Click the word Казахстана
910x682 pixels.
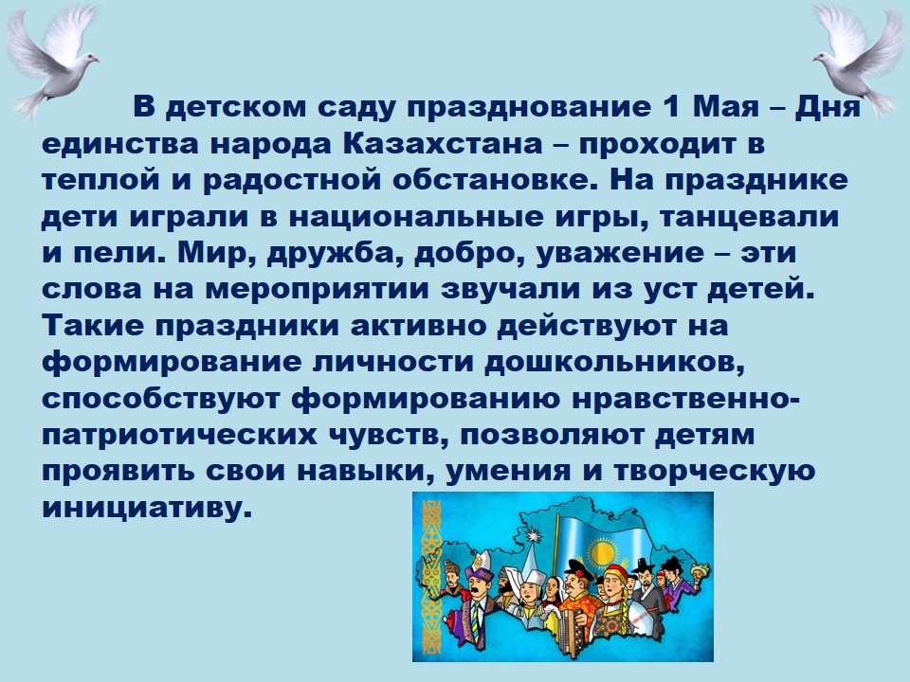tap(443, 143)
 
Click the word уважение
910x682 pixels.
tap(620, 254)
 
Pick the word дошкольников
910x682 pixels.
tap(614, 363)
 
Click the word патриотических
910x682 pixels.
tap(179, 435)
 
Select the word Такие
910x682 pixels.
tap(93, 325)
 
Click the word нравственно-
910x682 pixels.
tap(685, 399)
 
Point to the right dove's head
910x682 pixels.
tap(823, 57)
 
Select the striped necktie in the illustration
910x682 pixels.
tap(476, 619)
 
